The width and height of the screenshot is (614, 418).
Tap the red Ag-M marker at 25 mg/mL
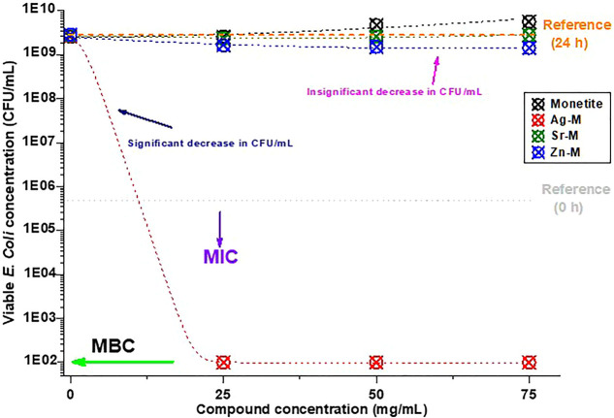click(x=223, y=362)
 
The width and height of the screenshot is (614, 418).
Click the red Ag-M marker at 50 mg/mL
click(x=376, y=362)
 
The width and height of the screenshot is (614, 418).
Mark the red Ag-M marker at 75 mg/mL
click(x=529, y=362)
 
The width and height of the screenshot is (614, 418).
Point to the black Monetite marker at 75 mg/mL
click(x=529, y=21)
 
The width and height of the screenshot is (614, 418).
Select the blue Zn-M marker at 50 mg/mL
click(x=376, y=46)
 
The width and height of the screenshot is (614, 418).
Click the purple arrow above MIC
click(x=219, y=228)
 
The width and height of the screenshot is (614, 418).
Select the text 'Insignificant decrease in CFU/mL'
click(x=395, y=91)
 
